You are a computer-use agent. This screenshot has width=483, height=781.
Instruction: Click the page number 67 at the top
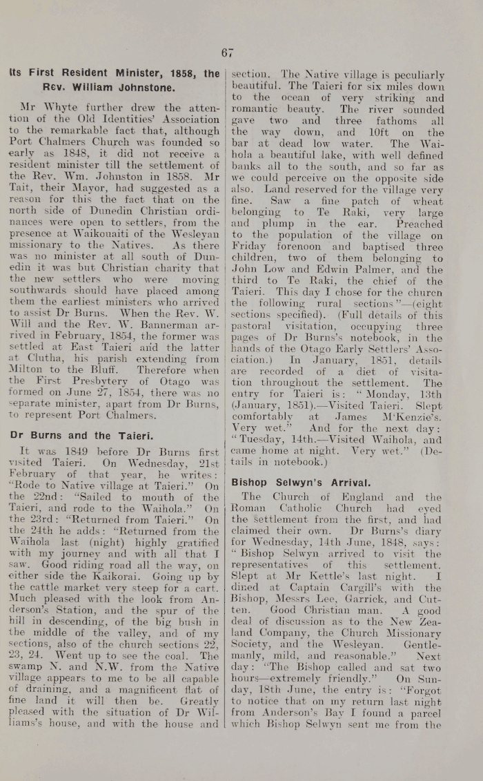tap(228, 53)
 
